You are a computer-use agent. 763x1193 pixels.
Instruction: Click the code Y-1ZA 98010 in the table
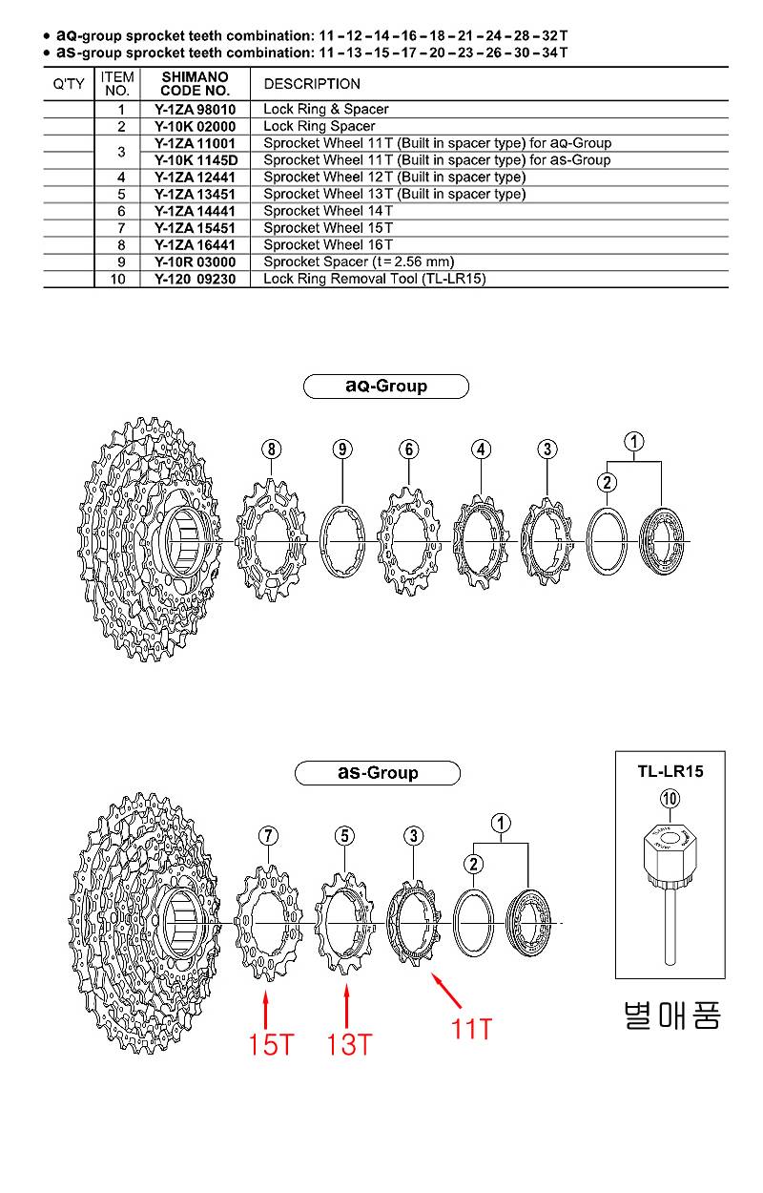195,109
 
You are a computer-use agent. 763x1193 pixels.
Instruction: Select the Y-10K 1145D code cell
195,159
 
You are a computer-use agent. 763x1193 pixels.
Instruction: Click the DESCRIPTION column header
312,84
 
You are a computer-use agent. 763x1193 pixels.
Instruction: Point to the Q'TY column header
69,84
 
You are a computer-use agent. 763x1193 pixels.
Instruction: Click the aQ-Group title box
386,387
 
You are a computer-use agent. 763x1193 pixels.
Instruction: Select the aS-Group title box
378,772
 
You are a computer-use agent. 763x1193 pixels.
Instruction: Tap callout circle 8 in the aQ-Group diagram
273,450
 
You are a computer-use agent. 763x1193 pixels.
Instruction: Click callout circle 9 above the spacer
342,450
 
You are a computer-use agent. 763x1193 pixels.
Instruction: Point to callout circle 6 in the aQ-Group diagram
410,450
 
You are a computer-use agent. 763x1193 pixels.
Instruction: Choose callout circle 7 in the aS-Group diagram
270,836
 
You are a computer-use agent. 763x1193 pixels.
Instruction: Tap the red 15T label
271,1044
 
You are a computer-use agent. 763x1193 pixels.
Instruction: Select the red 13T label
348,1044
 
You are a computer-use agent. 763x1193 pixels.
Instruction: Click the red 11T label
472,1029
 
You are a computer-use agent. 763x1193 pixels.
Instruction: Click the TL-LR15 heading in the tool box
670,771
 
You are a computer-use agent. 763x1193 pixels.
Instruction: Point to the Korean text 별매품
670,1014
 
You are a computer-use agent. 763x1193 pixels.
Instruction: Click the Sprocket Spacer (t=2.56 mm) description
359,262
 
